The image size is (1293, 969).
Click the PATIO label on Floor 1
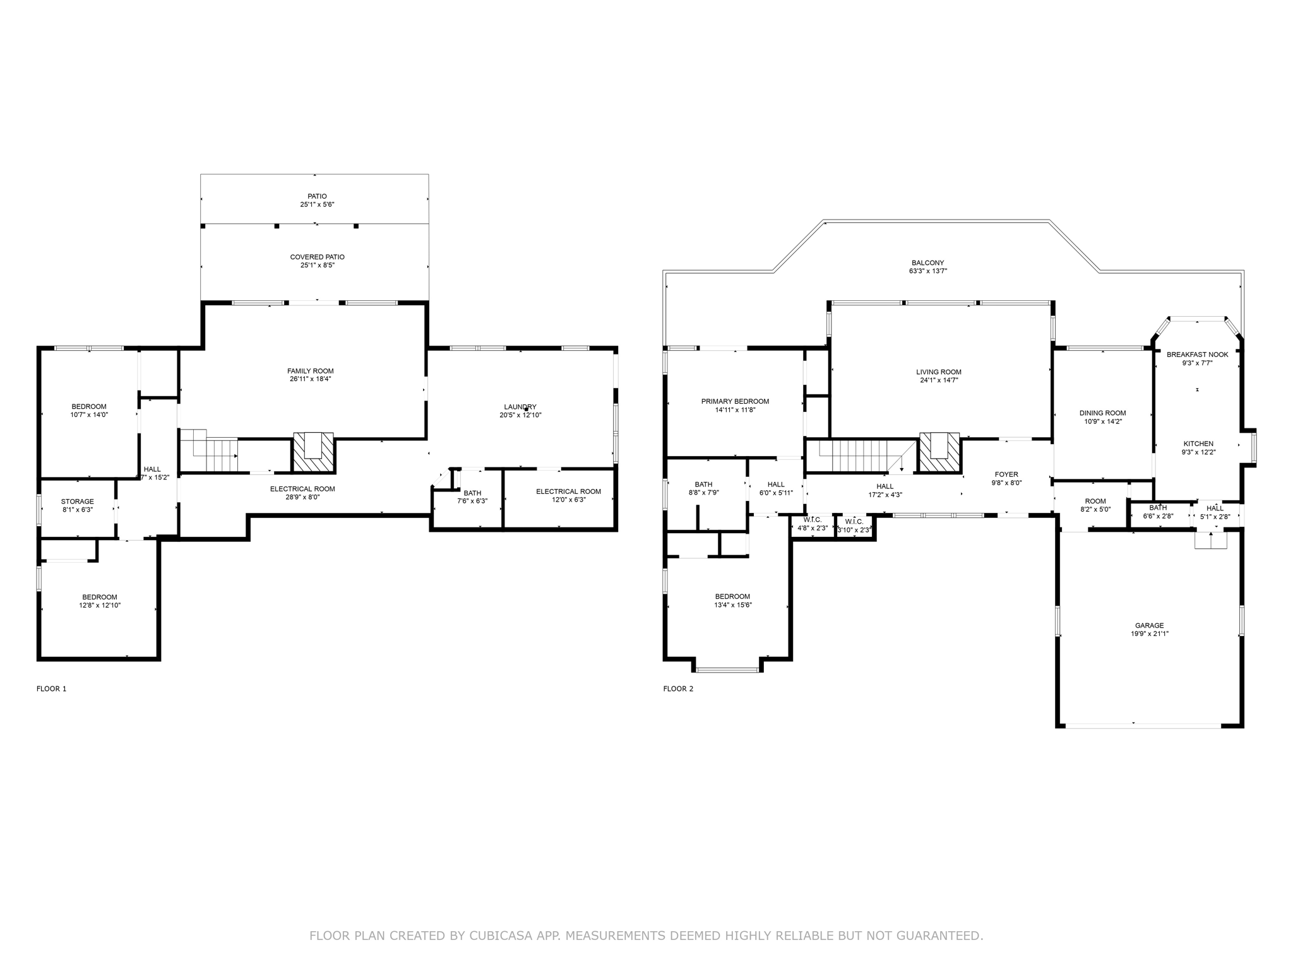(x=317, y=196)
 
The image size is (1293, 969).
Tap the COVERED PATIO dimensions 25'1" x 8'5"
(x=317, y=266)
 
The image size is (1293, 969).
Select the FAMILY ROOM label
(x=310, y=371)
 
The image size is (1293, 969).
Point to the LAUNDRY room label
(x=520, y=407)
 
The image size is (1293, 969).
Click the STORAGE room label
(x=77, y=502)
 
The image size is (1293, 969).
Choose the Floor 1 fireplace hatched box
(x=313, y=452)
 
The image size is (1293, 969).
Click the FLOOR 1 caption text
(x=51, y=688)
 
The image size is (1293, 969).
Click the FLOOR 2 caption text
(x=678, y=688)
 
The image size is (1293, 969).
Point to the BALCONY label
(x=927, y=263)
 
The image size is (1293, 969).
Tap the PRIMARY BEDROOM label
(x=735, y=401)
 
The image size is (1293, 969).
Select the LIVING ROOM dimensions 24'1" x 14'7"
(x=939, y=380)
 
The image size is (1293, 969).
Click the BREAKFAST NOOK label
(x=1197, y=355)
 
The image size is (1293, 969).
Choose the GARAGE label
(x=1149, y=626)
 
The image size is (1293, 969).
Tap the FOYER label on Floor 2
(x=1006, y=474)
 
